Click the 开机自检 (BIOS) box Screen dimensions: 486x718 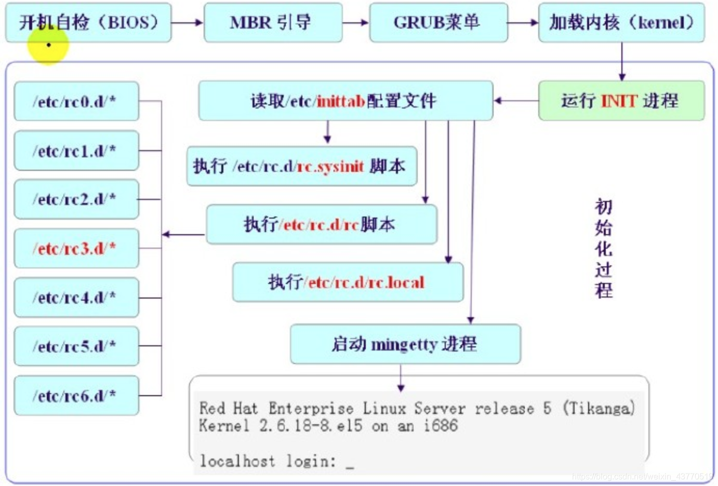(88, 22)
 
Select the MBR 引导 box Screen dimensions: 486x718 (273, 22)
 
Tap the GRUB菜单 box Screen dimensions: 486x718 (438, 22)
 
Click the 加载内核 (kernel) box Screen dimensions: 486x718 (621, 22)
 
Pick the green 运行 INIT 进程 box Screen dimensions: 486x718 (621, 101)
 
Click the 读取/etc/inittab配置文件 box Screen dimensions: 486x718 (345, 101)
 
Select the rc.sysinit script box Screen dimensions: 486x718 (301, 166)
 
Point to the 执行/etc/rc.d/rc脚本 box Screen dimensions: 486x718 (321, 224)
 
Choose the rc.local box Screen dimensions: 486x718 (348, 282)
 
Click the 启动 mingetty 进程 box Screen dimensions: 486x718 (405, 344)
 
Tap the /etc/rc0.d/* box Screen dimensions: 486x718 (76, 101)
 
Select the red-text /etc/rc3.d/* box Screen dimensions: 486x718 (76, 248)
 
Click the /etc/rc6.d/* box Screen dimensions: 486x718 (76, 396)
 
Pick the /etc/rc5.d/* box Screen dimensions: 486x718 (76, 346)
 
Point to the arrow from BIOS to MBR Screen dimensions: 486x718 (187, 22)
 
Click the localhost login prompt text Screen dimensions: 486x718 (268, 461)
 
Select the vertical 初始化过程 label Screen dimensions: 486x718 (603, 248)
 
